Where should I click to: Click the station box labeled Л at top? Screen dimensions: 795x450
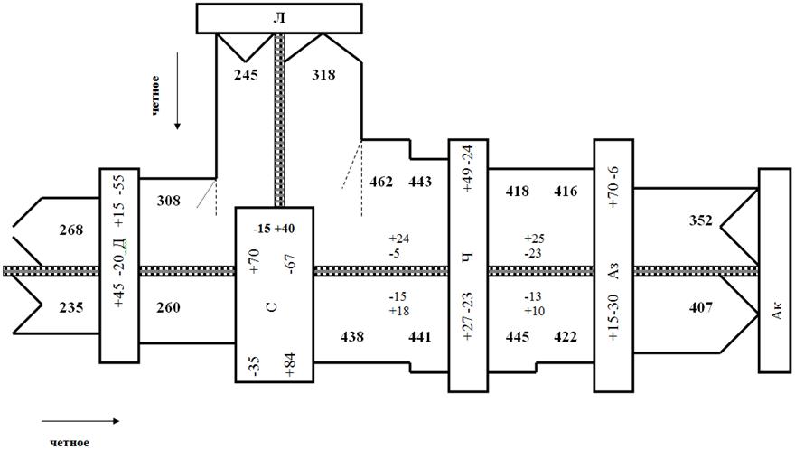[x=279, y=18]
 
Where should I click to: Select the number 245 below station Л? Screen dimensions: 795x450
[x=246, y=75]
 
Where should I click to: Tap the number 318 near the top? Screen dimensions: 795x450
[x=323, y=75]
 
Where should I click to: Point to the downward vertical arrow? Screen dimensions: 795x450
[x=177, y=89]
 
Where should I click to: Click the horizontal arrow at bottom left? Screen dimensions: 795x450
[x=80, y=420]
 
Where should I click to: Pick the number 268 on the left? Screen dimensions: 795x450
[x=71, y=230]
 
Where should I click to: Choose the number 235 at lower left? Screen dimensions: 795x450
[x=71, y=308]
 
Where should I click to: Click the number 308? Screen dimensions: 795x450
[x=168, y=201]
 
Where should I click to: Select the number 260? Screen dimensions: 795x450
[x=168, y=308]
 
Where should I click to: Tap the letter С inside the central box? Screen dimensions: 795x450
[x=272, y=307]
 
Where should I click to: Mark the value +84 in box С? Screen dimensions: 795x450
[x=290, y=365]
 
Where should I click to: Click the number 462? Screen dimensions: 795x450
[x=381, y=182]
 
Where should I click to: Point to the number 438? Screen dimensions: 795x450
[x=351, y=337]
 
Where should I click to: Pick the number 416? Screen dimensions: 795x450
[x=566, y=192]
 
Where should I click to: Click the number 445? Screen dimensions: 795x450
[x=518, y=337]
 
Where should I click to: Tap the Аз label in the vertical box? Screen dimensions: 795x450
[x=613, y=271]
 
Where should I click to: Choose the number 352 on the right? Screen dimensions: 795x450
[x=701, y=220]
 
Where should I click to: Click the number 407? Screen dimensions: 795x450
[x=701, y=308]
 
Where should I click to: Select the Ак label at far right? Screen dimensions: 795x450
[x=776, y=311]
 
